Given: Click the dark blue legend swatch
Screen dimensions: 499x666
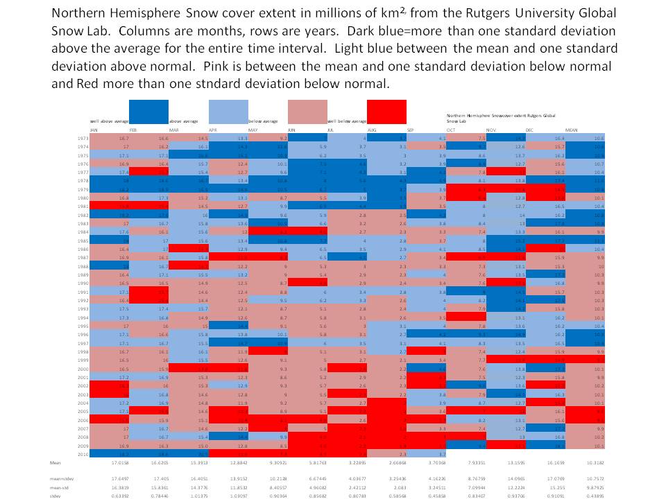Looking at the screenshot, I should [148, 112].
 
